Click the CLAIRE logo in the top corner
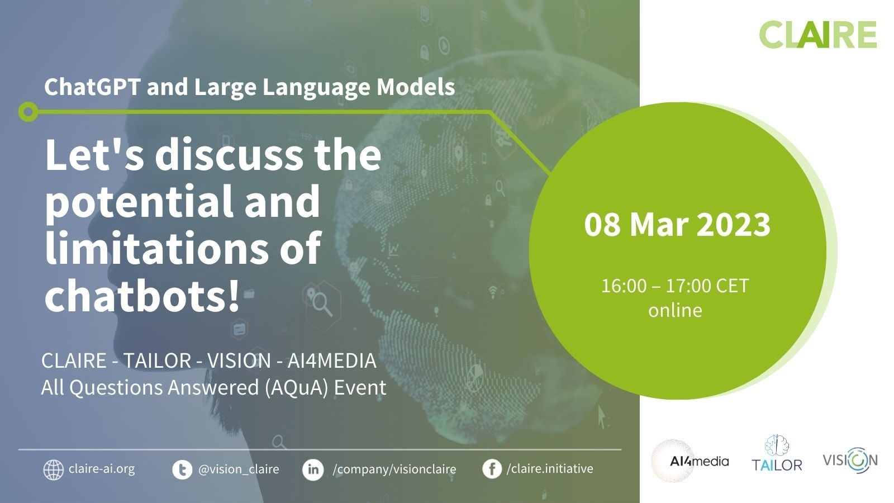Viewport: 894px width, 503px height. pyautogui.click(x=818, y=35)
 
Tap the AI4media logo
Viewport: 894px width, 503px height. pyautogui.click(x=691, y=461)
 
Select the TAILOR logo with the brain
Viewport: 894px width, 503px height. pyautogui.click(x=777, y=454)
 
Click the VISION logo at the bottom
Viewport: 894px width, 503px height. pyautogui.click(x=850, y=461)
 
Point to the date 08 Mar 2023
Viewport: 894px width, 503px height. pyautogui.click(x=677, y=225)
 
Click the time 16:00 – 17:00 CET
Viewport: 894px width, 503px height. pyautogui.click(x=675, y=286)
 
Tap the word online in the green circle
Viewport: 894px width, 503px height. pyautogui.click(x=675, y=310)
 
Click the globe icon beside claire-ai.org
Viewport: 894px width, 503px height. pyautogui.click(x=54, y=469)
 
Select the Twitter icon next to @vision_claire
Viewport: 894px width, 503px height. pyautogui.click(x=182, y=469)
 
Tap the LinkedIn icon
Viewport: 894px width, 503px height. pyautogui.click(x=313, y=469)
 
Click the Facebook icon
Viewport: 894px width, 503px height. pyautogui.click(x=492, y=469)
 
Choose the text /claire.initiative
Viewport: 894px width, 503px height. pyautogui.click(x=550, y=468)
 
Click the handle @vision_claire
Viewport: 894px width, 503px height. pyautogui.click(x=239, y=469)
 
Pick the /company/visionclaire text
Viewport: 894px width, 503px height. pyautogui.click(x=394, y=469)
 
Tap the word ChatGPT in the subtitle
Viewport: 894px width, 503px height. pyautogui.click(x=92, y=86)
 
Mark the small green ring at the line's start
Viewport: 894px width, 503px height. pyautogui.click(x=28, y=112)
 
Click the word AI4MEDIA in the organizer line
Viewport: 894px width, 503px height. pyautogui.click(x=332, y=361)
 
